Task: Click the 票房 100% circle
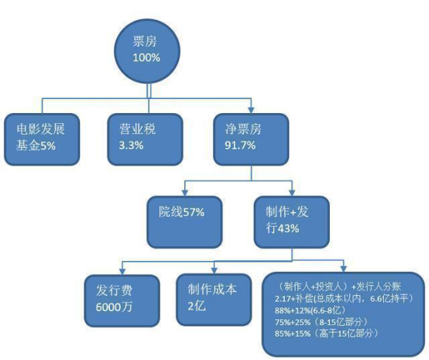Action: (x=147, y=51)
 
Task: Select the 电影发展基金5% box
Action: (x=42, y=139)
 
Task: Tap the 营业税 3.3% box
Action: (x=145, y=139)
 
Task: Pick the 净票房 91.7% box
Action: (x=251, y=139)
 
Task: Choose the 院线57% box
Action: (x=184, y=222)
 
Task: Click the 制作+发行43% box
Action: (x=292, y=222)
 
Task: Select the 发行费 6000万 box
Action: (x=122, y=300)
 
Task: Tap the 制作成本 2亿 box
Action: (x=214, y=300)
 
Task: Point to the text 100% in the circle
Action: (x=146, y=58)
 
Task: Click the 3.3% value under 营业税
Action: (x=131, y=146)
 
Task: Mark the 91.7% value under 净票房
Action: (x=240, y=146)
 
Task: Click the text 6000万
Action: (x=114, y=307)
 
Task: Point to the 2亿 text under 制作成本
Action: (x=197, y=306)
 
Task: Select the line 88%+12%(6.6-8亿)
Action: (x=311, y=310)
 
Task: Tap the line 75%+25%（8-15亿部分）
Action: (x=322, y=322)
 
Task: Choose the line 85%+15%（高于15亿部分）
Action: (x=328, y=334)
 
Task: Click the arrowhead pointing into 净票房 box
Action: (x=251, y=110)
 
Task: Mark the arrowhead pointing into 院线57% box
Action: (x=185, y=193)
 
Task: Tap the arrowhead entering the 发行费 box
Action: (x=122, y=271)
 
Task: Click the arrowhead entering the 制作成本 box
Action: (x=214, y=270)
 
